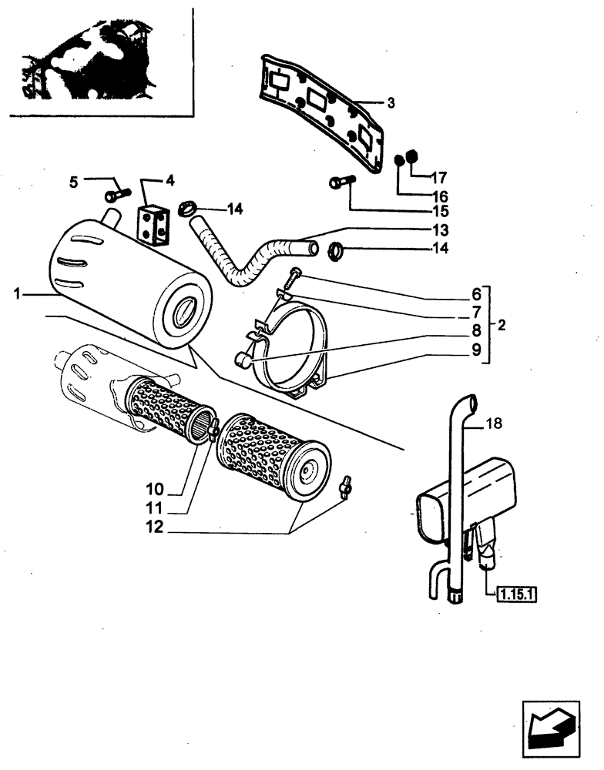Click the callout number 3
(391, 102)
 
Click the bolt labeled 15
(340, 182)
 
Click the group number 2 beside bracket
(502, 325)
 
